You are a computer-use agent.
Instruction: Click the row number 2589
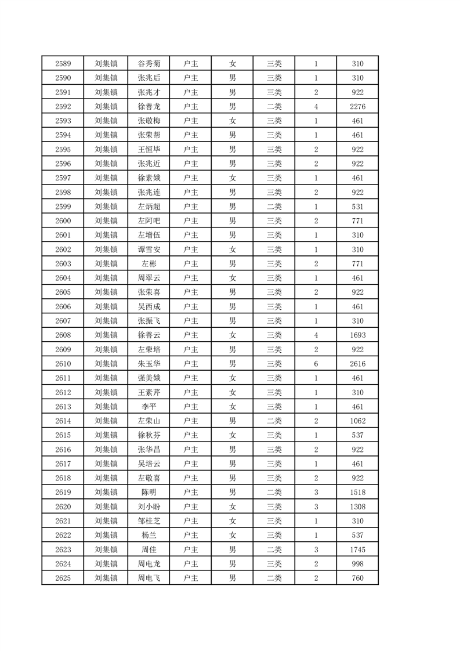click(63, 63)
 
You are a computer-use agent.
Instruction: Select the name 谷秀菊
click(148, 63)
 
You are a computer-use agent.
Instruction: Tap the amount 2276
click(357, 106)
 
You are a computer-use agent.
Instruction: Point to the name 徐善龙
click(148, 106)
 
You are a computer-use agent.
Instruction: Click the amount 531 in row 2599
click(357, 207)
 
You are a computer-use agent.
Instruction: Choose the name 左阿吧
click(148, 221)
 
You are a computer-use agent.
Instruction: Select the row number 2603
click(63, 264)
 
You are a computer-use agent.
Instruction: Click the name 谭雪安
click(148, 249)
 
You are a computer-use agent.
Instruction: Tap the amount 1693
click(357, 335)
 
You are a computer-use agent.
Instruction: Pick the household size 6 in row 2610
click(316, 364)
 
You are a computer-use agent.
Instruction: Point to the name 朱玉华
click(148, 364)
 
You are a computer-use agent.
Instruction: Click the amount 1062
click(357, 421)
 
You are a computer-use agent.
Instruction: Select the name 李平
click(148, 407)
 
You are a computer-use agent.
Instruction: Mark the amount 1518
click(357, 493)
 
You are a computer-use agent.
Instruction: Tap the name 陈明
click(148, 493)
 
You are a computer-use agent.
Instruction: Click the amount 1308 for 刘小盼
click(357, 507)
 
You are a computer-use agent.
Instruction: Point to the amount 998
click(357, 564)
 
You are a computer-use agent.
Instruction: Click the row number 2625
click(63, 578)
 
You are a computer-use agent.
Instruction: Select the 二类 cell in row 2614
click(274, 421)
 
